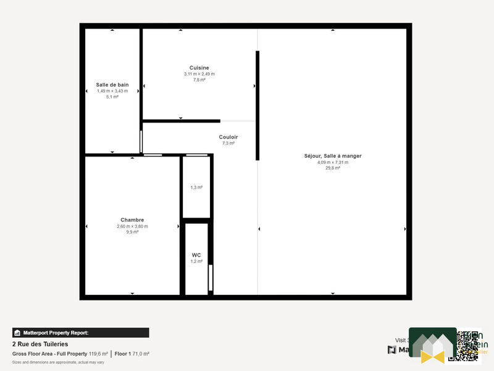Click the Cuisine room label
click(199, 68)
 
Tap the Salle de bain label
click(112, 85)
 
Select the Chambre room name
click(132, 220)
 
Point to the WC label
click(196, 255)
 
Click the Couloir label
click(228, 137)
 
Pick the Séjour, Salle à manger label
click(333, 156)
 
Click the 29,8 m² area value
click(333, 168)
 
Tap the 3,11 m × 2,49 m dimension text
click(199, 74)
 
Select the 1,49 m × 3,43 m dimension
click(112, 91)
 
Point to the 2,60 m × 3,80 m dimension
click(132, 226)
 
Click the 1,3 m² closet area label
click(196, 187)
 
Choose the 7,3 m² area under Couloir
click(228, 143)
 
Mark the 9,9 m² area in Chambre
click(132, 232)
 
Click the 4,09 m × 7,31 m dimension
click(333, 162)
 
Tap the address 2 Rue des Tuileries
click(40, 344)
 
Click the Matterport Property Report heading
click(56, 333)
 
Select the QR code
click(468, 345)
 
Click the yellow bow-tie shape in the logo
click(433, 356)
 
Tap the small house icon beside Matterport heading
click(17, 333)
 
